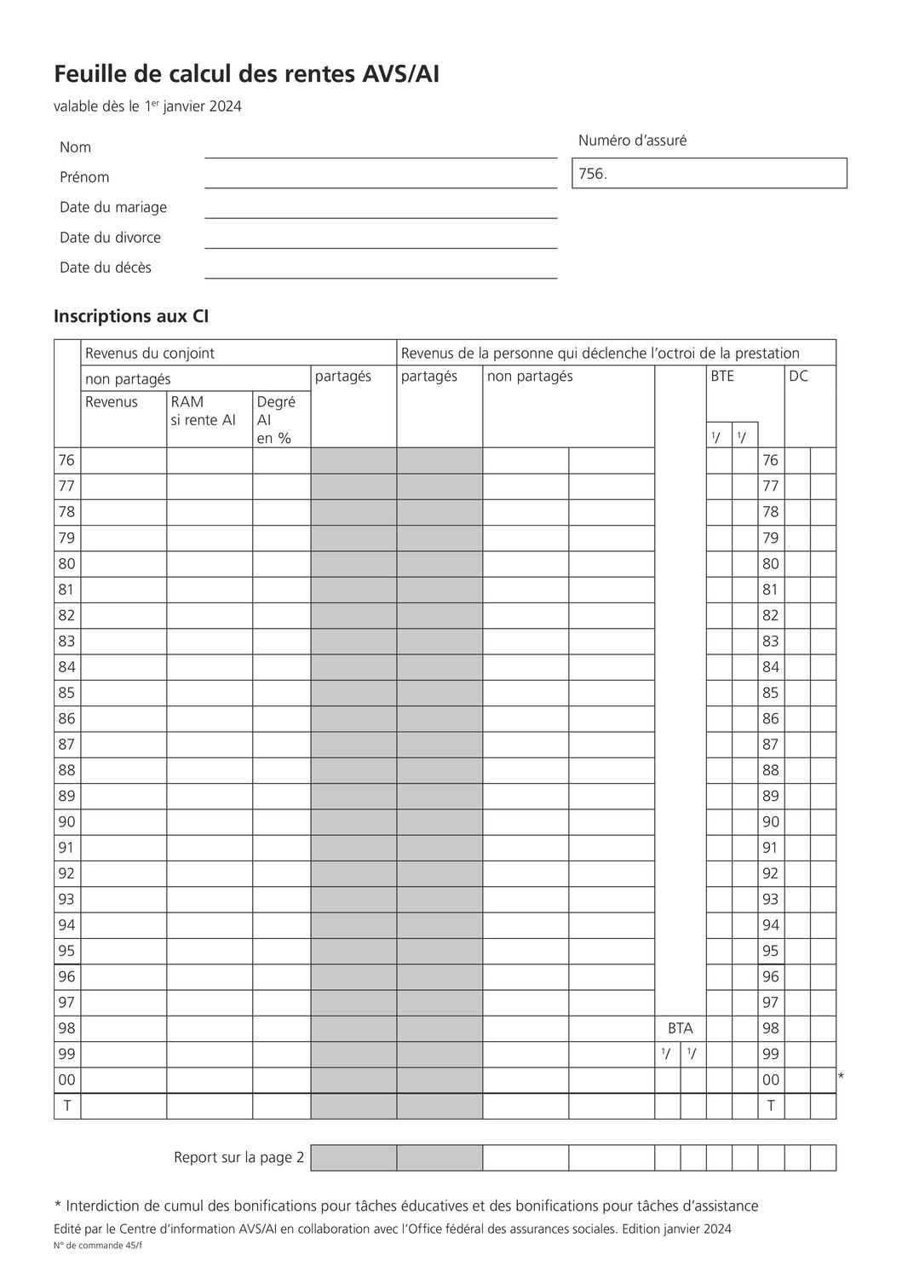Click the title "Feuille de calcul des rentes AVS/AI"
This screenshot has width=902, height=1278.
click(x=246, y=75)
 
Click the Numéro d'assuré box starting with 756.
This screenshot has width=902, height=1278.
click(x=710, y=173)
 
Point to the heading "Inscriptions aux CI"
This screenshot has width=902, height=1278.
click(x=131, y=316)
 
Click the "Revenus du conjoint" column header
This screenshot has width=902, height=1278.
click(x=150, y=353)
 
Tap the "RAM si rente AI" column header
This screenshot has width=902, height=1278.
click(x=203, y=411)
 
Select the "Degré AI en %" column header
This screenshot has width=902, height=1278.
click(x=276, y=419)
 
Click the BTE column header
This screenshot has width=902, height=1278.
click(x=722, y=376)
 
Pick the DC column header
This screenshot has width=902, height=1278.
click(x=798, y=376)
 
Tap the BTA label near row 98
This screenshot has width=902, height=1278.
click(x=681, y=1028)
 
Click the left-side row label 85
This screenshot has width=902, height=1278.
click(x=66, y=693)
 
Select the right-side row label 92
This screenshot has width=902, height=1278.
click(x=771, y=873)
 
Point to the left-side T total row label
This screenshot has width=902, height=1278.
click(x=66, y=1106)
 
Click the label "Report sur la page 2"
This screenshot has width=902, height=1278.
click(x=238, y=1158)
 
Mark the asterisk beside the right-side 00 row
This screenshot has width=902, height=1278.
click(x=841, y=1078)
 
